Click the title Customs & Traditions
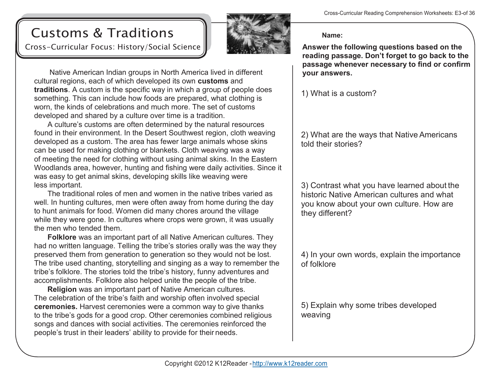point(102,33)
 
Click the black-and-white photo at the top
point(258,34)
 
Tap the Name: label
point(332,35)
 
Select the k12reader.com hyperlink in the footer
point(290,364)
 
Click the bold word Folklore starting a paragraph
point(62,237)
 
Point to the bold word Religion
point(62,289)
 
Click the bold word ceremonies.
point(56,307)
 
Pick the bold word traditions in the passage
point(51,90)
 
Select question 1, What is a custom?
point(339,94)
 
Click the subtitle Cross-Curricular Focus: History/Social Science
point(113,47)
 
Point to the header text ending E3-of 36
point(399,13)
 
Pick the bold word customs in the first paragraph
point(213,81)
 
